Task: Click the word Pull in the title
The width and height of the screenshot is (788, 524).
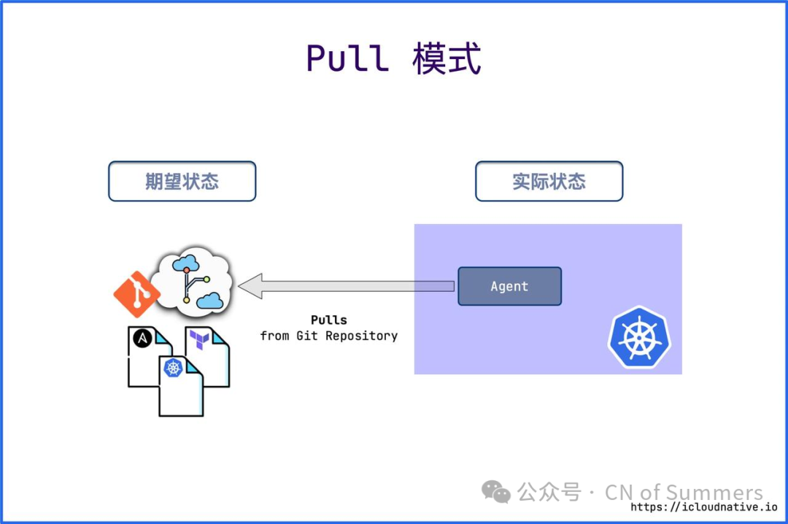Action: (x=347, y=58)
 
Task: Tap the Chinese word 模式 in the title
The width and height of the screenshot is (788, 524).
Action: (x=447, y=58)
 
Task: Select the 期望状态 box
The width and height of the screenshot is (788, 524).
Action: (x=182, y=181)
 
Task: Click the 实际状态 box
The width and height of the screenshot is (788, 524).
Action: (x=549, y=181)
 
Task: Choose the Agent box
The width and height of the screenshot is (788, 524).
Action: (x=509, y=286)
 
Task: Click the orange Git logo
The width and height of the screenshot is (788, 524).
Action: (x=136, y=294)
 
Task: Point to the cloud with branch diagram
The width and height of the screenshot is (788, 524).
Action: (x=193, y=281)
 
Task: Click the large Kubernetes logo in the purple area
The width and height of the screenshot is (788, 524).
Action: (x=639, y=336)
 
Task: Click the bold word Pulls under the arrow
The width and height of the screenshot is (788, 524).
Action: (x=328, y=320)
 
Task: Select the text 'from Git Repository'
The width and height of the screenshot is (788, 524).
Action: (x=328, y=336)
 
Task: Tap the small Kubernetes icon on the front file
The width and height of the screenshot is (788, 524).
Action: (x=173, y=369)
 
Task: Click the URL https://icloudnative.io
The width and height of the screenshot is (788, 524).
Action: (x=703, y=507)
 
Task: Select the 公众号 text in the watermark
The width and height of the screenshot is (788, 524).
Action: (x=549, y=493)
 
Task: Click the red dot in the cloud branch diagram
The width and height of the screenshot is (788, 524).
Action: (x=187, y=270)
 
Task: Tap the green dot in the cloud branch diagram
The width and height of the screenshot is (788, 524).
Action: (x=206, y=279)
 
